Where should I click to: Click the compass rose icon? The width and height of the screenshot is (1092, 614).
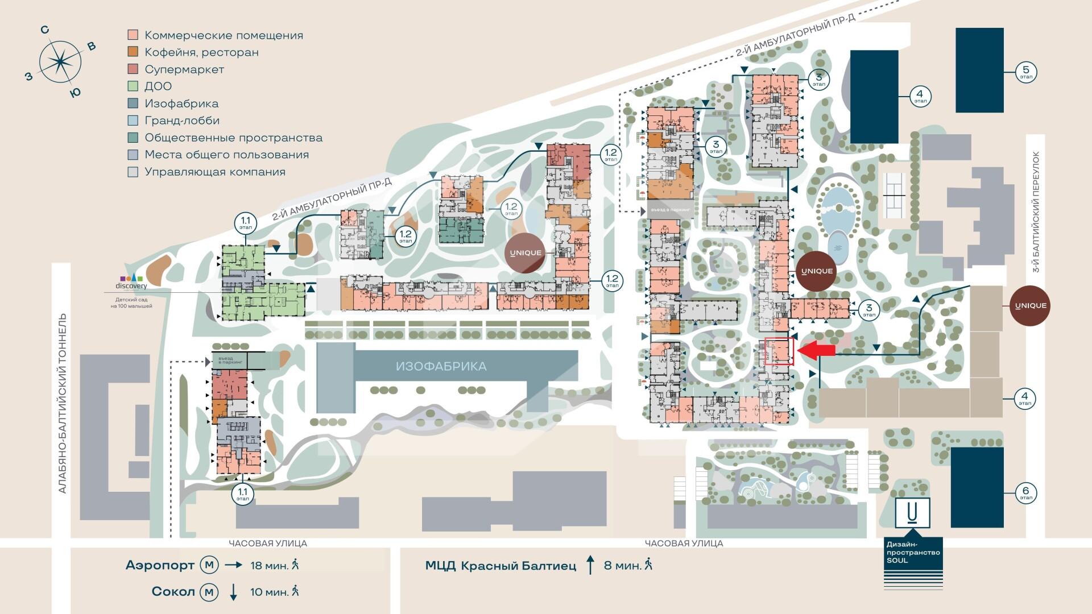point(59,62)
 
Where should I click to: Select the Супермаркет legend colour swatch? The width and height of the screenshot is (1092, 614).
point(133,69)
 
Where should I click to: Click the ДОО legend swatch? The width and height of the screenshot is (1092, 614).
point(133,86)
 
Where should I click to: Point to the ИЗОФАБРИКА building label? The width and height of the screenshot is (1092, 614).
point(441,366)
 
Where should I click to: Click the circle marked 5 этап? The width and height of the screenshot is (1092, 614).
point(1026,72)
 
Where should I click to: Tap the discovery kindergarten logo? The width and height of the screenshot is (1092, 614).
point(131,281)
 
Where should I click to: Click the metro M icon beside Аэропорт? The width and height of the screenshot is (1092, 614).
point(209,565)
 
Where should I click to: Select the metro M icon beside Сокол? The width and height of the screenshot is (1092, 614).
point(209,592)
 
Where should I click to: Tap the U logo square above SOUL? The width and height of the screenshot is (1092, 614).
point(912,513)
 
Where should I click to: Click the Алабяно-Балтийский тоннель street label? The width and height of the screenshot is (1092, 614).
point(63,404)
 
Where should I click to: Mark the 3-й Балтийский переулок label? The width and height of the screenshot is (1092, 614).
point(1036,211)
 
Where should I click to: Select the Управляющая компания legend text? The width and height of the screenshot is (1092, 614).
point(215,172)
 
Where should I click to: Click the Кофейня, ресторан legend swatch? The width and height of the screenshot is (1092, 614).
point(133,52)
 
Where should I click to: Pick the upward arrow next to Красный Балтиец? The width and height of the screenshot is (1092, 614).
point(590,566)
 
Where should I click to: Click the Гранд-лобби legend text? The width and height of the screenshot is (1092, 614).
point(182,121)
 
